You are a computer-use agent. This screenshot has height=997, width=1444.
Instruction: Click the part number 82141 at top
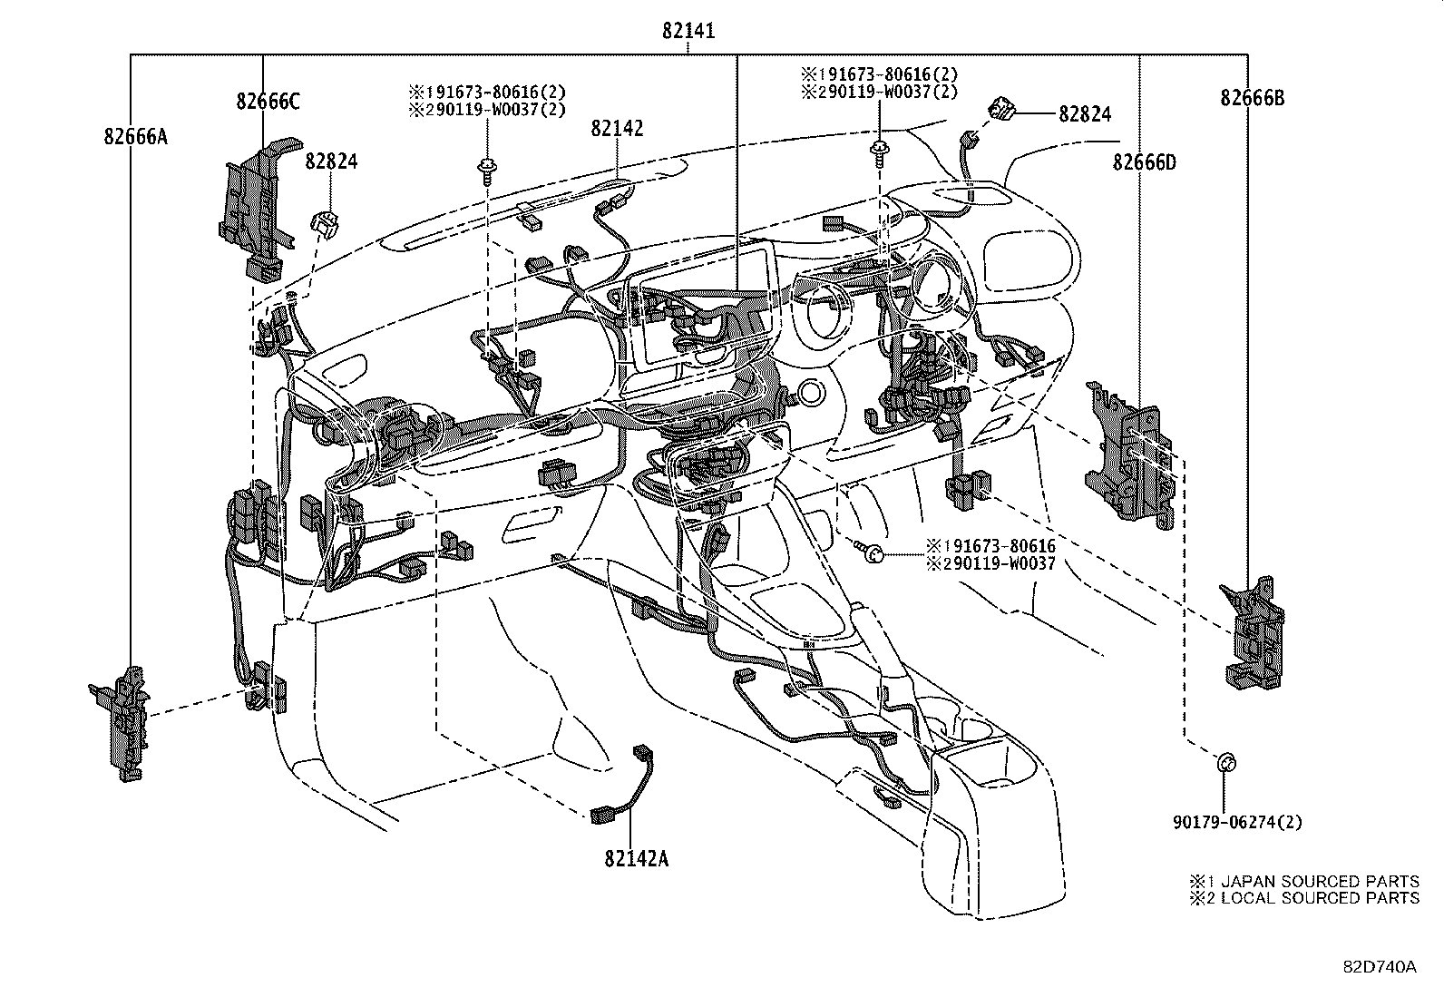point(688,31)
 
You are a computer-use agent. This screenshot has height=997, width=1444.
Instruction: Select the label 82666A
point(135,137)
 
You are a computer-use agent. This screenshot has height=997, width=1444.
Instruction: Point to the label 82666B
point(1252,98)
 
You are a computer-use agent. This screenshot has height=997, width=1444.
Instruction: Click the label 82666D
point(1144,162)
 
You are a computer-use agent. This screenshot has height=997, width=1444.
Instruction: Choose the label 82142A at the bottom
point(636,858)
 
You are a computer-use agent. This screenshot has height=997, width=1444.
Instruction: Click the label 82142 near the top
point(617,129)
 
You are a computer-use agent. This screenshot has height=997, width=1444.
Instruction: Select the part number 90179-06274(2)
point(1236,823)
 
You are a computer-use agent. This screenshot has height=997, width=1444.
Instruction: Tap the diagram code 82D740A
point(1380,966)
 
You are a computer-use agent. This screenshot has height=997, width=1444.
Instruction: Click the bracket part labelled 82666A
point(122,721)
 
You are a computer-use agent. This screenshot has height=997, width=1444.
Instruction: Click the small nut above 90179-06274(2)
point(1224,762)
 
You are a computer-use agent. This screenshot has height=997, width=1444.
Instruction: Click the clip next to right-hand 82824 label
point(1002,110)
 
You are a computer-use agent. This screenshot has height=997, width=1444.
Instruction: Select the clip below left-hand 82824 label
point(326,222)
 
